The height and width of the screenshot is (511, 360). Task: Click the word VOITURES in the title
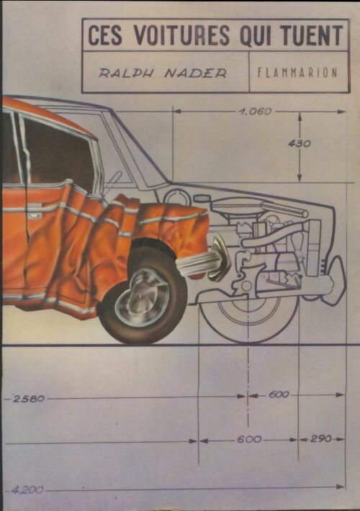coord(182,35)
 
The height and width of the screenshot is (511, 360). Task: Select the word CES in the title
coord(105,35)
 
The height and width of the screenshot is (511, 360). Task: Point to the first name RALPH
coord(127,73)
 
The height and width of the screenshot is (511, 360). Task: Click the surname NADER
coord(195,73)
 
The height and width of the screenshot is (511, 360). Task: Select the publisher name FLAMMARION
coord(297,73)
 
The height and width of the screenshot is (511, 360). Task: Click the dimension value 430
coord(300,143)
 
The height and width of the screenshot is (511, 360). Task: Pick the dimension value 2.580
coord(28,399)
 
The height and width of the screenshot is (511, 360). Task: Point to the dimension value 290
coord(321,438)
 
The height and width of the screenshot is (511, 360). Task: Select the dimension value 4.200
coord(27,490)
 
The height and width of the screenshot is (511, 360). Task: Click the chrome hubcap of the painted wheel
coord(142,297)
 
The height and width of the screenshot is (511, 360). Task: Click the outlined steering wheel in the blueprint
coord(176,198)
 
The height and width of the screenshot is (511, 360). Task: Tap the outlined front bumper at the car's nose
coord(337,278)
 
